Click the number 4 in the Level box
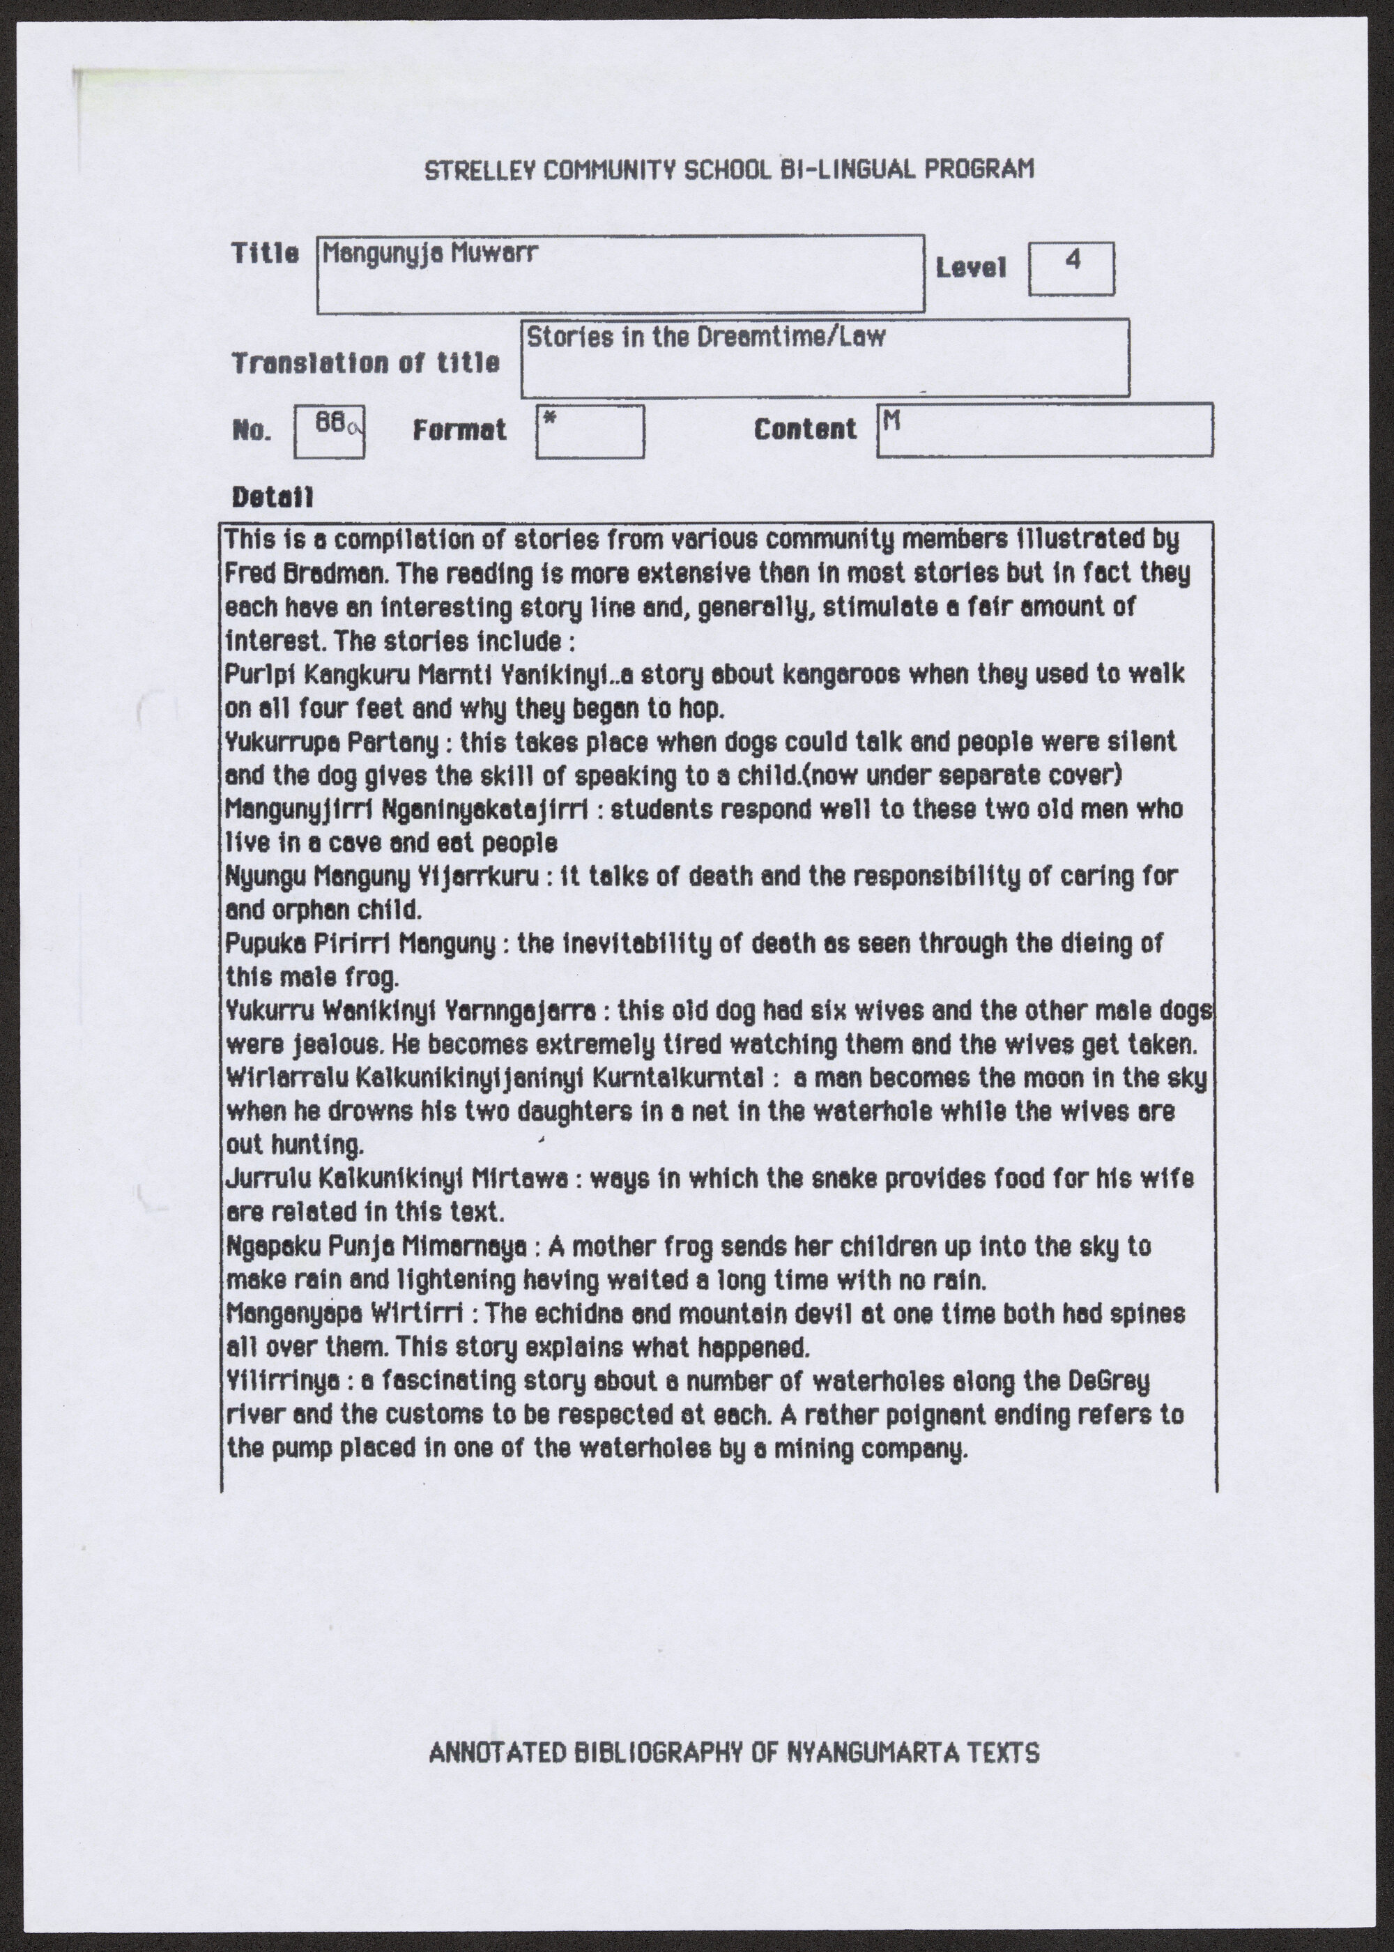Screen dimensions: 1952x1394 pyautogui.click(x=1071, y=260)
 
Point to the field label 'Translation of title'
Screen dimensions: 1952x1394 pyautogui.click(x=365, y=363)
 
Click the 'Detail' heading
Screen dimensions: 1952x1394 pyautogui.click(x=272, y=497)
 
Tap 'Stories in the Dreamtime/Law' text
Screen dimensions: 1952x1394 pyautogui.click(x=705, y=337)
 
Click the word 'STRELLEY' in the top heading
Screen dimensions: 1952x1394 pyautogui.click(x=468, y=169)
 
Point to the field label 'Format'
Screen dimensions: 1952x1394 pyautogui.click(x=459, y=429)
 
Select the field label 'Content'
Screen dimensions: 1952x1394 pyautogui.click(x=805, y=429)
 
